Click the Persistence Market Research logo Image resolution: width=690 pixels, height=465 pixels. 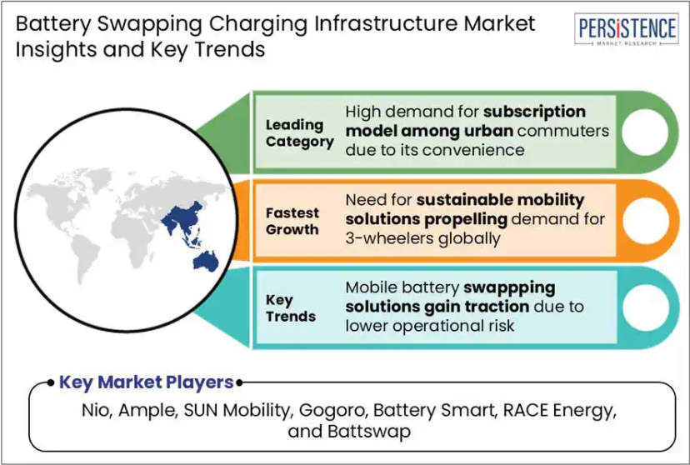[x=627, y=29]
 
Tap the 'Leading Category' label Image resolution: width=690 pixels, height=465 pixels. [x=300, y=133]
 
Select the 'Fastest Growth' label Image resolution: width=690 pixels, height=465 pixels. [x=292, y=222]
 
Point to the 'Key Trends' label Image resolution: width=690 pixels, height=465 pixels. [x=291, y=308]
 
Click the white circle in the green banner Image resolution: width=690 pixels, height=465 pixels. [x=645, y=132]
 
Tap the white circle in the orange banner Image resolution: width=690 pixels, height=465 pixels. [x=646, y=220]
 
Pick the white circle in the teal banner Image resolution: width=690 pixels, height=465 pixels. [x=646, y=307]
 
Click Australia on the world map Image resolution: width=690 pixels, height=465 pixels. [x=206, y=261]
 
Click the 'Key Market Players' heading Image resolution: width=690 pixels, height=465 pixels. [x=146, y=382]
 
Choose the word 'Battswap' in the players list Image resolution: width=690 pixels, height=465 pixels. [x=369, y=431]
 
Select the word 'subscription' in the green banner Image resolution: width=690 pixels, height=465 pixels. [x=534, y=112]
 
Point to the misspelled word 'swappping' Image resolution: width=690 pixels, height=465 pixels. [x=509, y=288]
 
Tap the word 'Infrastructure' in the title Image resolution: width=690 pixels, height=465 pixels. [x=387, y=24]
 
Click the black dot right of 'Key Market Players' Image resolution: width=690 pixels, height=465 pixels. [x=239, y=383]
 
